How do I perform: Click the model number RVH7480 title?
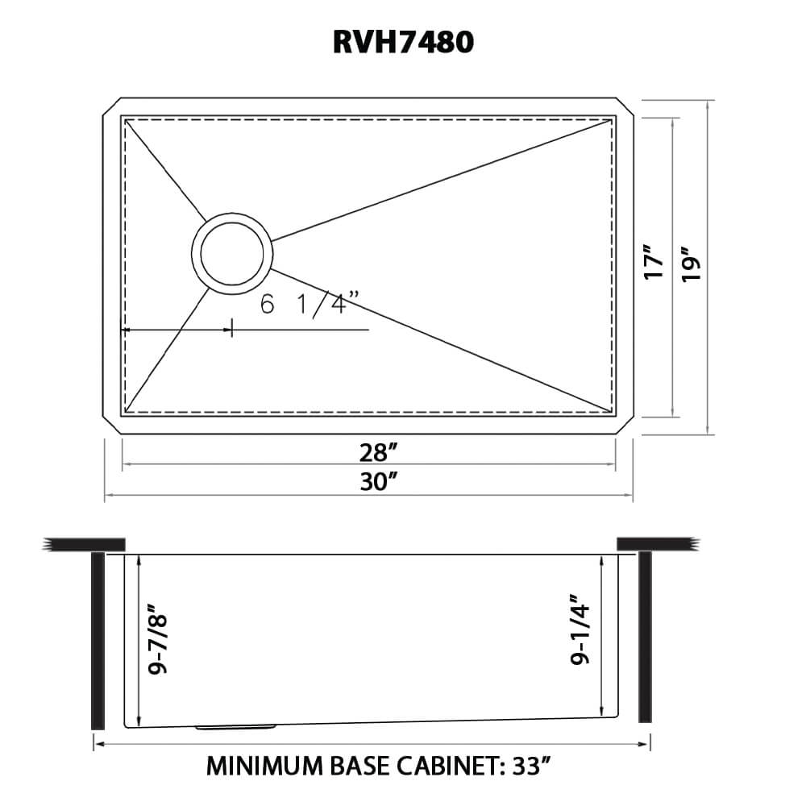tap(403, 42)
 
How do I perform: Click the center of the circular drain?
tap(231, 251)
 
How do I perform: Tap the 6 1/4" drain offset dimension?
tap(309, 305)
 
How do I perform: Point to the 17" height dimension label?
tap(654, 263)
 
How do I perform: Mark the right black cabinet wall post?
tap(645, 637)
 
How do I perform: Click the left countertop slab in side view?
tap(85, 544)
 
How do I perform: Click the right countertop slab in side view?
tap(654, 544)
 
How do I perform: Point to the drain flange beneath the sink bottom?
tap(236, 727)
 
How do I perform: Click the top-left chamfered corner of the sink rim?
tap(111, 107)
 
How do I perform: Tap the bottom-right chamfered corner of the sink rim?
tap(627, 426)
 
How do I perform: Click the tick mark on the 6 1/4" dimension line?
tap(232, 328)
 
